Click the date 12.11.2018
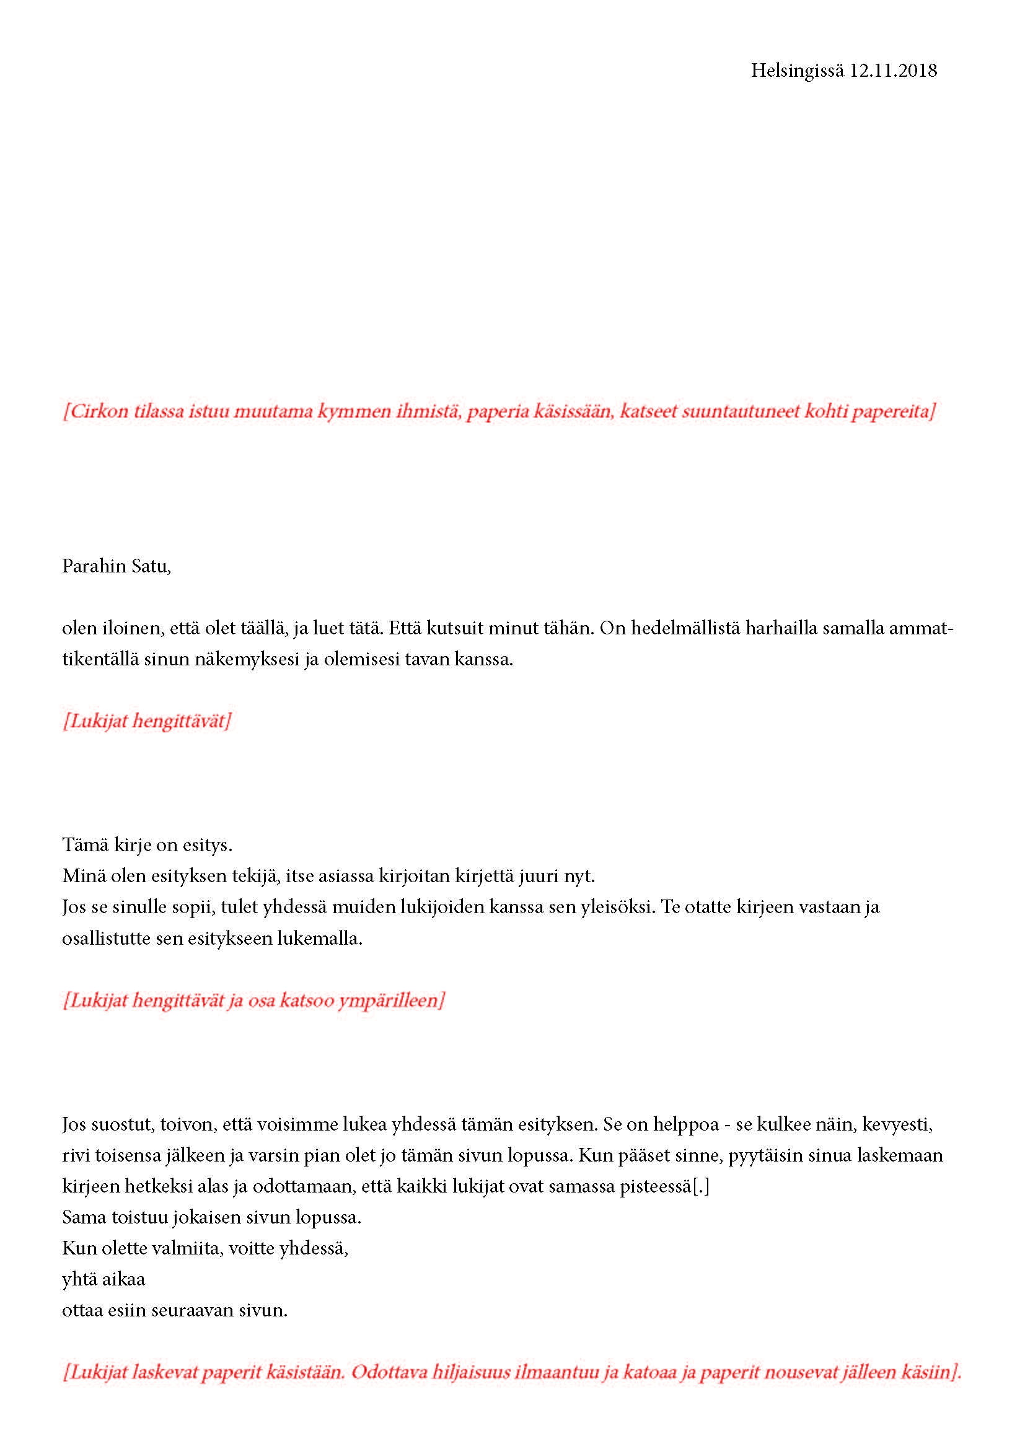click(x=893, y=71)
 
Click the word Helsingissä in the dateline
click(x=796, y=71)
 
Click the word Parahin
click(x=94, y=566)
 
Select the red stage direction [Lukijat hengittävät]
click(x=146, y=720)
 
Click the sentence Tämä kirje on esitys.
click(x=147, y=844)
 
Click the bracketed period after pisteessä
click(x=701, y=1186)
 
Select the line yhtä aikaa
click(x=103, y=1279)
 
